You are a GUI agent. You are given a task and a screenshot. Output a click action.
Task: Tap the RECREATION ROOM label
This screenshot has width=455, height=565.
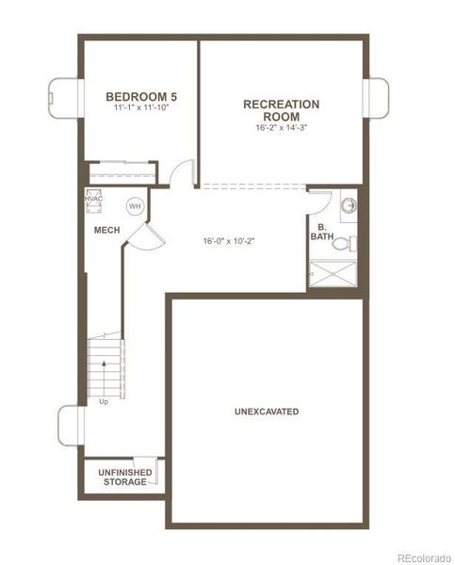point(281,110)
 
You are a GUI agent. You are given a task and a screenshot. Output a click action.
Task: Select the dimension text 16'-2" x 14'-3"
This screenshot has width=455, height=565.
point(281,128)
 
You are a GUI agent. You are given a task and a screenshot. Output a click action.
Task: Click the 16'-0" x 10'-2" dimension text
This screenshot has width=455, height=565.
point(229,240)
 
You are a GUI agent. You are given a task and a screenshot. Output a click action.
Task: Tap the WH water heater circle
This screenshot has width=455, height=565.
point(135,206)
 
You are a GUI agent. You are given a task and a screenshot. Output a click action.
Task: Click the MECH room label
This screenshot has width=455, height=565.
point(106,230)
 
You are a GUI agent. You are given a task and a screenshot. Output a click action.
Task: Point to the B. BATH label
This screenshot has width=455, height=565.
point(322,233)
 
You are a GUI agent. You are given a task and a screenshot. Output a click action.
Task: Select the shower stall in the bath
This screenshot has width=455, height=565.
point(335,275)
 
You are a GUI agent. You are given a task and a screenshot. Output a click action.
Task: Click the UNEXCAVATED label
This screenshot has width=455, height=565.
point(267,412)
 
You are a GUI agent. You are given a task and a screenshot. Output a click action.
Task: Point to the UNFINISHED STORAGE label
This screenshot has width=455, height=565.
point(123,476)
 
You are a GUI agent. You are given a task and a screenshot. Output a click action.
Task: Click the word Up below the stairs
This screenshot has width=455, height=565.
point(103,401)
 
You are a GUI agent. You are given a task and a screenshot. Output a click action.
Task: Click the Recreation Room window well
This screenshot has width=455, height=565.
point(377,97)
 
